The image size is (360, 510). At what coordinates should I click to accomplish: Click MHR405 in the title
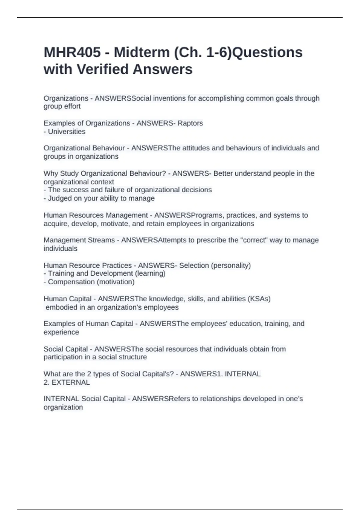pyautogui.click(x=72, y=52)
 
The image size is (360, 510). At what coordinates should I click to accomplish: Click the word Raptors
pyautogui.click(x=190, y=123)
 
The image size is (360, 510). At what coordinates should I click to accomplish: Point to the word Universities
pyautogui.click(x=67, y=132)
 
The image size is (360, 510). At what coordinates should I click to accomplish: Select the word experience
pyautogui.click(x=61, y=332)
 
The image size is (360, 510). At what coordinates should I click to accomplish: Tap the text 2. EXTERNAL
pyautogui.click(x=67, y=382)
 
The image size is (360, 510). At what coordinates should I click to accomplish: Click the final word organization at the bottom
pyautogui.click(x=63, y=407)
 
